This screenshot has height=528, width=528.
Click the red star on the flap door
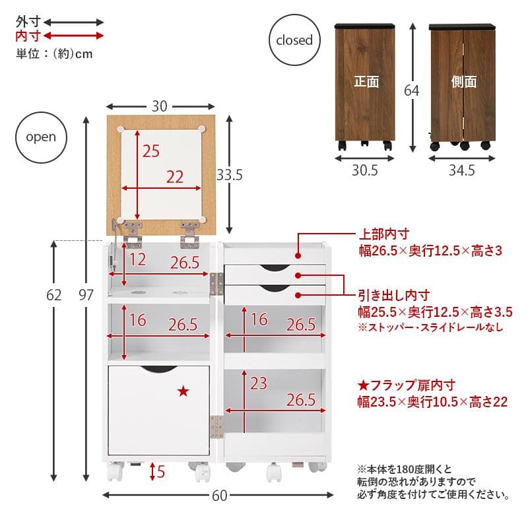(x=183, y=392)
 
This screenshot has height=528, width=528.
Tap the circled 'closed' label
(x=294, y=40)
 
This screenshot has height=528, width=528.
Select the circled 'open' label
(x=41, y=137)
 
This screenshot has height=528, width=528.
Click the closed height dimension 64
(x=412, y=90)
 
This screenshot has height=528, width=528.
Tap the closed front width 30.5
(x=364, y=171)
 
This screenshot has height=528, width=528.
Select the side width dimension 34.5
(x=462, y=171)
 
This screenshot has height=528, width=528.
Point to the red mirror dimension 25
(x=151, y=151)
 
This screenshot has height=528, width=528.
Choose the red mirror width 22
(x=175, y=176)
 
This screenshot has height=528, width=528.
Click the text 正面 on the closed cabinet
(x=366, y=82)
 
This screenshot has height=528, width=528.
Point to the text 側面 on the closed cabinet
(x=464, y=82)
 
